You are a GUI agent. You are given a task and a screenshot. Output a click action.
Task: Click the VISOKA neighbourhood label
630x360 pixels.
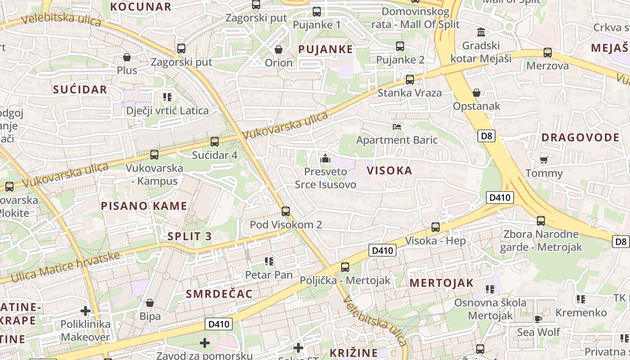coord(389,171)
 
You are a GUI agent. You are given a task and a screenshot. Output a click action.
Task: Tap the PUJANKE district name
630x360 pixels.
coord(325,49)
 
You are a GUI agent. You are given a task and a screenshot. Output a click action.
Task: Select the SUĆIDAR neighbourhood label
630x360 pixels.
coord(80,90)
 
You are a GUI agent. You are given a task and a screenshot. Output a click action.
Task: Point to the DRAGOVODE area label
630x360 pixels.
coord(580,138)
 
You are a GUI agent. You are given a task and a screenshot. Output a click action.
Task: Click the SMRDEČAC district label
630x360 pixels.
coord(219,294)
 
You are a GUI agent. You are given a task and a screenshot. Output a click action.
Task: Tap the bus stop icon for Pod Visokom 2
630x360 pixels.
coord(285,211)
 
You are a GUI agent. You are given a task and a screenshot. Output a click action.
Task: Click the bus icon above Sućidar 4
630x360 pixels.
coord(215,142)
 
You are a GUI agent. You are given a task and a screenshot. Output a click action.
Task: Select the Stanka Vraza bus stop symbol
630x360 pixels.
coord(409,80)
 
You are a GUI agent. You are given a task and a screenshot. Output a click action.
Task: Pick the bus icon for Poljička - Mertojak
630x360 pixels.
coord(345,267)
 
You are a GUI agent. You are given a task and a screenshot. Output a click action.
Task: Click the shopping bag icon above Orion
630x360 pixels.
coord(279,49)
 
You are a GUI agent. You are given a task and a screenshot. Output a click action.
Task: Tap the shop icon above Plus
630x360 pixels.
coord(127,57)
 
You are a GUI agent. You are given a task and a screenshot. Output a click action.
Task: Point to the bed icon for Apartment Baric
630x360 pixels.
coord(396,127)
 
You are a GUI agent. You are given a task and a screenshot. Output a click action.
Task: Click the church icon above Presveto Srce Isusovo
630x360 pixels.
coord(325,158)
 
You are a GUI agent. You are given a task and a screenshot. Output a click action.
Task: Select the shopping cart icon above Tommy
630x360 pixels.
coord(544,160)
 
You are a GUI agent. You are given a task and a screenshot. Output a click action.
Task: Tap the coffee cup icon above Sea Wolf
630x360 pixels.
coord(538,319)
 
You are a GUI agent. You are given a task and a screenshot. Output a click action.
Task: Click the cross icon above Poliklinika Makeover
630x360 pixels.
coord(85,310)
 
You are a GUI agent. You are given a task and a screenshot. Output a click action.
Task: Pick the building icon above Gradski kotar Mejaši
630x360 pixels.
coord(481,32)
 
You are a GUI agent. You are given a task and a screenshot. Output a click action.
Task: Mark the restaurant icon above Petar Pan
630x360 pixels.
coord(269,261)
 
